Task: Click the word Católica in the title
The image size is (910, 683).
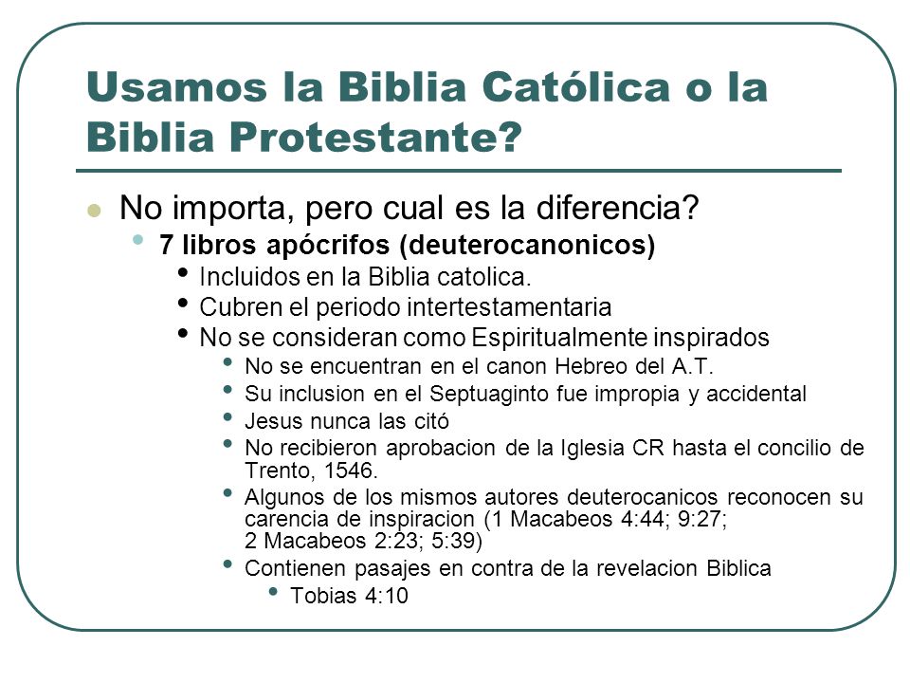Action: [x=575, y=87]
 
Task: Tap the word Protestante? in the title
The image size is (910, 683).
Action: [x=375, y=138]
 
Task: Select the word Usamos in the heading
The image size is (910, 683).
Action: [x=177, y=87]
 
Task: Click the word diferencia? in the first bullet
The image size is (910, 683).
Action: [x=617, y=208]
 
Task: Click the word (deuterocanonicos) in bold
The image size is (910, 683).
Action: [x=527, y=246]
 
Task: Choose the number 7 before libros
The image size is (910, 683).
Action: [x=166, y=246]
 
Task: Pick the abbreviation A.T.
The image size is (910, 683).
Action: [x=692, y=366]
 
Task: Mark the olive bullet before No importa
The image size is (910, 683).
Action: [x=94, y=211]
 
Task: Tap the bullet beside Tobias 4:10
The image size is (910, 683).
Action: [x=273, y=591]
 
